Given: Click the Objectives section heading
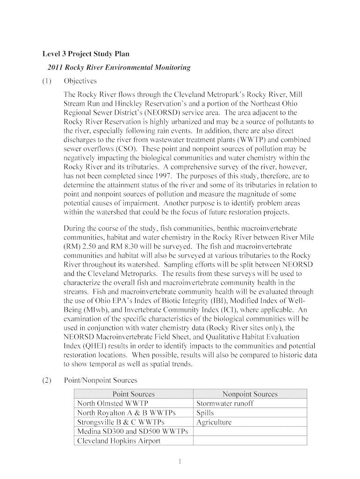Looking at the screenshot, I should click(x=80, y=81).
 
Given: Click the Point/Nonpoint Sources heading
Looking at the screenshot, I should click(x=100, y=380).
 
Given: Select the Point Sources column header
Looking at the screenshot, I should click(x=133, y=394).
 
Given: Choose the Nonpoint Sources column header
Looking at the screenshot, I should click(x=250, y=394).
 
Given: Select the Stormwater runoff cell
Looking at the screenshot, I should click(x=225, y=404).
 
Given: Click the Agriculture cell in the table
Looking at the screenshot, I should click(x=214, y=422).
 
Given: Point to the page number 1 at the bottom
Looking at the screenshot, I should click(x=180, y=462).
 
